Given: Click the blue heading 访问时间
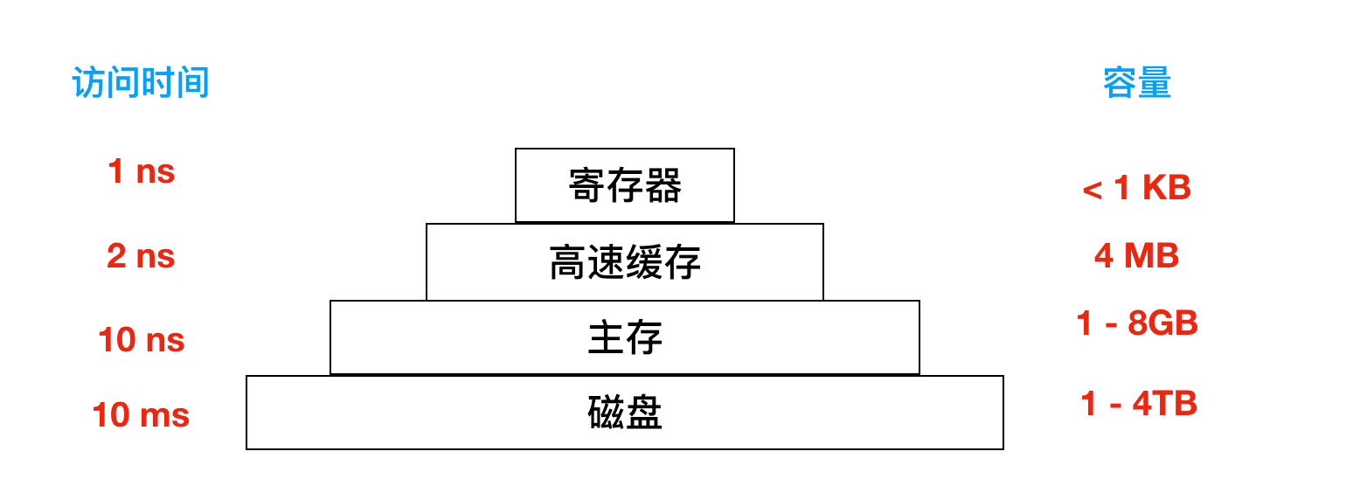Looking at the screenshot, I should (x=141, y=84).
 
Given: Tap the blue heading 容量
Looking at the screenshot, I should (x=1136, y=83).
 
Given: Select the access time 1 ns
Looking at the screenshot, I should (x=141, y=171).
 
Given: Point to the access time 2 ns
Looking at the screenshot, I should (x=141, y=256).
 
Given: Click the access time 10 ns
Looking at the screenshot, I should (x=142, y=339).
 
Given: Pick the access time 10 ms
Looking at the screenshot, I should (x=141, y=414).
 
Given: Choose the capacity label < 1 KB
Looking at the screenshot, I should (x=1136, y=188).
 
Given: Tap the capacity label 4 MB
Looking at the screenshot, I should (x=1136, y=255).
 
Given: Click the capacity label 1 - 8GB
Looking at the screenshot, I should (x=1136, y=323).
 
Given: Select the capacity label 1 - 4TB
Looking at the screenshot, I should (x=1138, y=404).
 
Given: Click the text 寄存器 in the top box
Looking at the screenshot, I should (x=625, y=186).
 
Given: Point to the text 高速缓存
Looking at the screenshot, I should (x=625, y=262).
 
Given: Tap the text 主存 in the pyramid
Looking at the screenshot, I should (x=625, y=338).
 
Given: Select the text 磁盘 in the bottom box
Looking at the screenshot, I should (x=625, y=413).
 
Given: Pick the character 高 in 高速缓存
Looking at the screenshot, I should (x=567, y=262).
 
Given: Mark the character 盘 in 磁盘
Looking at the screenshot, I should (x=644, y=413).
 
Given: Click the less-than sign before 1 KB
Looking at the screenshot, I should (x=1092, y=190).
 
